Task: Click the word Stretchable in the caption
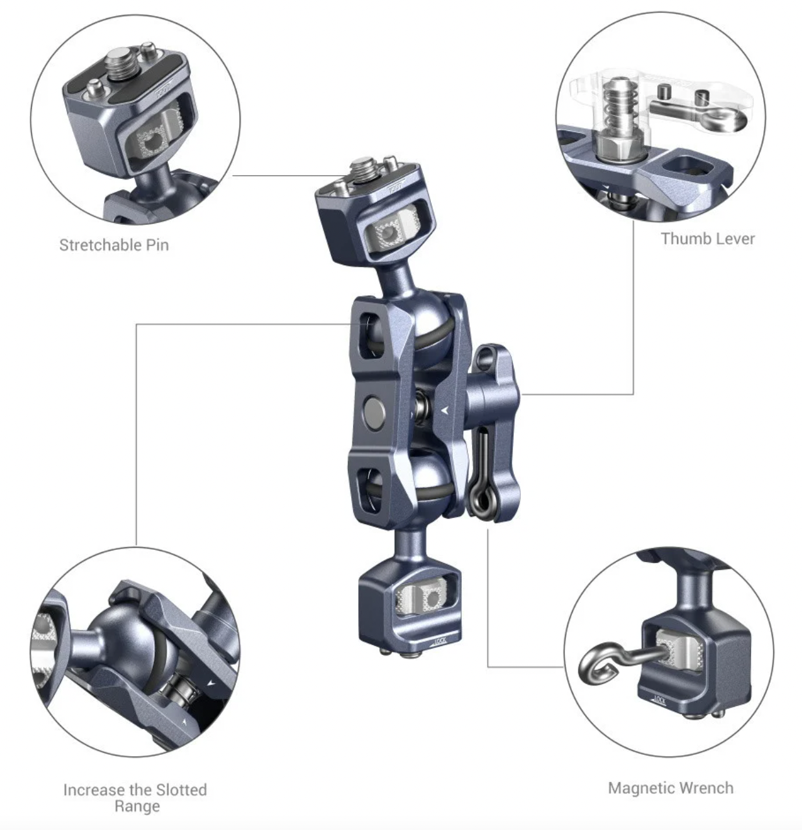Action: pyautogui.click(x=100, y=245)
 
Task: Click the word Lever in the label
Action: pyautogui.click(x=733, y=239)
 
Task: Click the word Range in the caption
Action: pyautogui.click(x=137, y=807)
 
